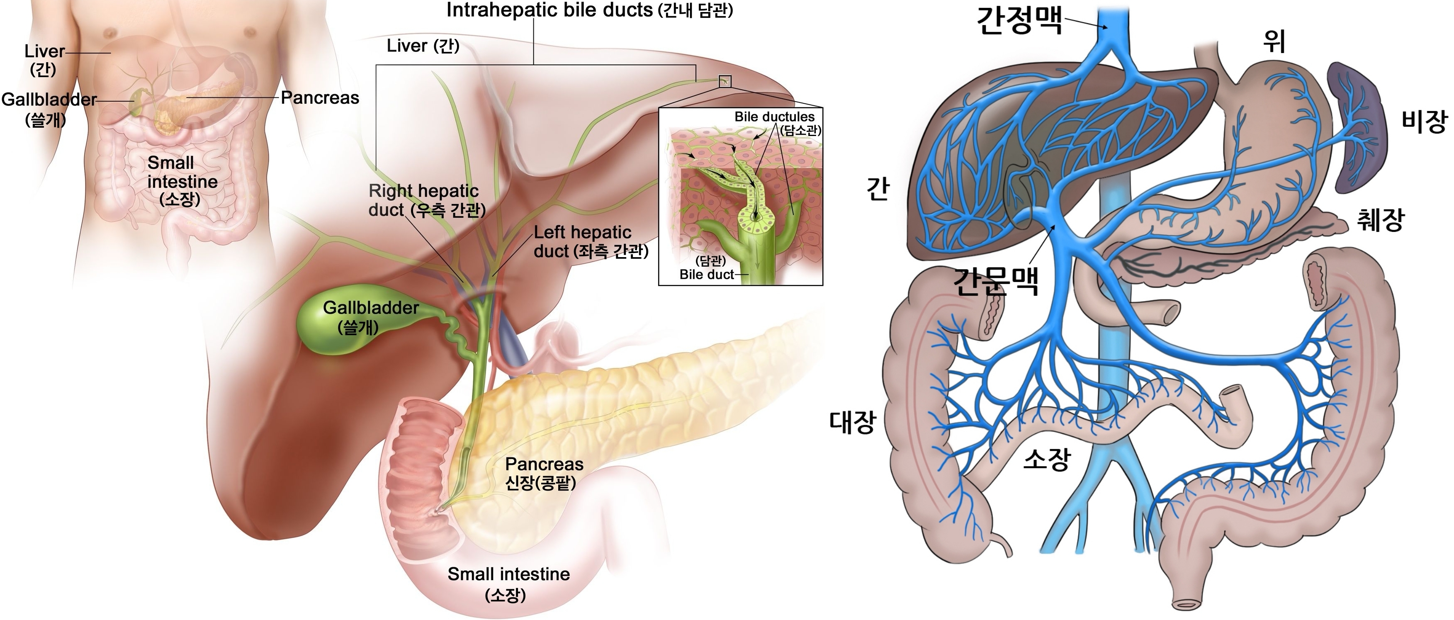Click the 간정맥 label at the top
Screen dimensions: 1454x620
1019,22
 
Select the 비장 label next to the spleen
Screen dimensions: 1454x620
1424,121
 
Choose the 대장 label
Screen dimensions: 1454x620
852,421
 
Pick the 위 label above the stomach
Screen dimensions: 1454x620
1274,41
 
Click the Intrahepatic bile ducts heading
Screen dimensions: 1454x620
589,10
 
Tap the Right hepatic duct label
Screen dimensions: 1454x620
427,200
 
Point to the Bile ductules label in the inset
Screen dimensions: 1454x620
774,117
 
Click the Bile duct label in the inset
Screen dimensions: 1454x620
706,275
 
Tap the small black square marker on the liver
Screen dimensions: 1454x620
725,81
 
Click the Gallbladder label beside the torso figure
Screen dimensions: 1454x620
49,100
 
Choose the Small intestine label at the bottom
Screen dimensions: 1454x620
508,574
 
